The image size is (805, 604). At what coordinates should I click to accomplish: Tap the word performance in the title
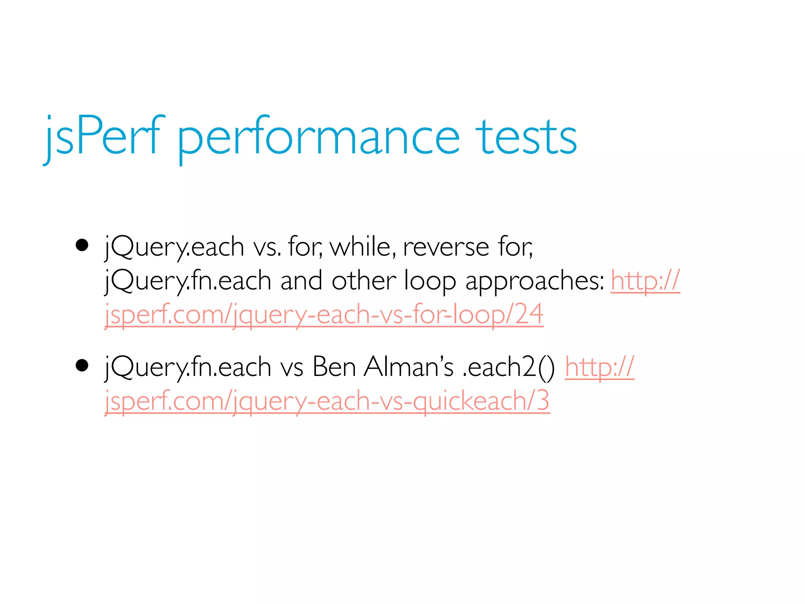tap(318, 138)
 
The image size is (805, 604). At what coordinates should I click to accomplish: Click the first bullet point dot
tap(82, 245)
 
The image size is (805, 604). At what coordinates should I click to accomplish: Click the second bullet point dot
tap(82, 365)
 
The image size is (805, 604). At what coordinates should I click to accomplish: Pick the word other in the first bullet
tap(363, 281)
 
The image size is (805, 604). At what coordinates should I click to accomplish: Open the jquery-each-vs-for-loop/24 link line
tap(324, 315)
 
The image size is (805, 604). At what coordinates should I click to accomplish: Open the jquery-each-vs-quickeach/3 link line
tap(327, 401)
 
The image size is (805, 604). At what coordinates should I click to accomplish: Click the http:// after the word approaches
tap(645, 281)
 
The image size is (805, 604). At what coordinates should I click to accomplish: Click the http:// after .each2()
tap(599, 367)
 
